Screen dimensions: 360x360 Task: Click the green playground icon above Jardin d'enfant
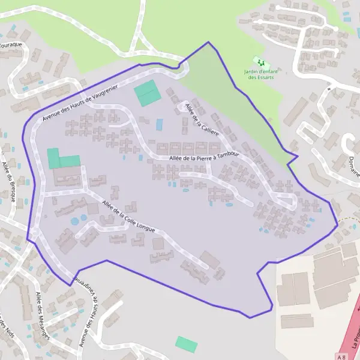260,61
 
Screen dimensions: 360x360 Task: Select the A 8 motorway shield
341,357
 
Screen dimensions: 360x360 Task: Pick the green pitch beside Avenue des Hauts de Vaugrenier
147,94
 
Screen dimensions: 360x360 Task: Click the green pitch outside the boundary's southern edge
186,344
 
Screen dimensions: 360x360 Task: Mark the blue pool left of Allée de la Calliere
160,125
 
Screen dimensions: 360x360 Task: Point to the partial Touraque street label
11,45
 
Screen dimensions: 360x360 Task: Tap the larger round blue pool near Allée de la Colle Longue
74,221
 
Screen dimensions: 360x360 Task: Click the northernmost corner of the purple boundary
208,42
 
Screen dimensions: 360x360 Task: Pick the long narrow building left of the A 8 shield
298,322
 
